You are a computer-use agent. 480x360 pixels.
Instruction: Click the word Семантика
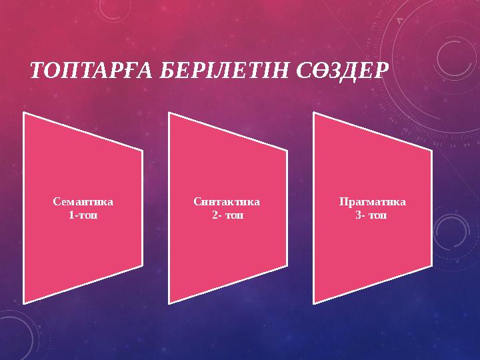83,201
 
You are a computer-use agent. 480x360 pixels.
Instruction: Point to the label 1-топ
83,215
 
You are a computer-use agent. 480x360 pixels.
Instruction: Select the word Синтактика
227,201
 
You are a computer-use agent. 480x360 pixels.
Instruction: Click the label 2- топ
227,215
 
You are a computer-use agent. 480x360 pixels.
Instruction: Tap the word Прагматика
372,201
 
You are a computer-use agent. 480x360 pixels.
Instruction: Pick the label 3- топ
372,215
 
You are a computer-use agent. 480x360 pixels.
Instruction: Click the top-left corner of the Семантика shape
25,113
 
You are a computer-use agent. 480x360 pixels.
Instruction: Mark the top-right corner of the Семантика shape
142,151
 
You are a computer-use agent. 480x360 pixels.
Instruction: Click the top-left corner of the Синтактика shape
169,113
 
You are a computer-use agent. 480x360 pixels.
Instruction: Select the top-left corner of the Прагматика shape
314,113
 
